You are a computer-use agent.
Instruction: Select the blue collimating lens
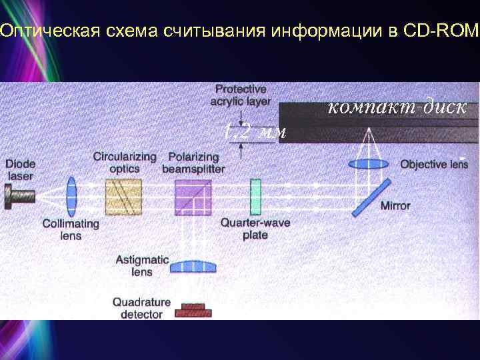pyautogui.click(x=71, y=196)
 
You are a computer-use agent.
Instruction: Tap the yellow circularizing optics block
pyautogui.click(x=123, y=197)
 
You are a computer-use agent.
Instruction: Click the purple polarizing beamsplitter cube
pyautogui.click(x=193, y=196)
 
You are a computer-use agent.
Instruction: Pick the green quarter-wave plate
pyautogui.click(x=255, y=196)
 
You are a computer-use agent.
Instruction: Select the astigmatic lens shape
pyautogui.click(x=193, y=267)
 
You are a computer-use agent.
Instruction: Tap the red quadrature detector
pyautogui.click(x=193, y=310)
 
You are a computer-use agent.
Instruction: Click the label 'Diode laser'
pyautogui.click(x=20, y=170)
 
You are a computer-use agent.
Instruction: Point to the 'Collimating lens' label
pyautogui.click(x=71, y=230)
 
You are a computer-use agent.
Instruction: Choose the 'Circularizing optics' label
pyautogui.click(x=125, y=163)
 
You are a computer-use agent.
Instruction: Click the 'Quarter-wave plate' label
pyautogui.click(x=255, y=229)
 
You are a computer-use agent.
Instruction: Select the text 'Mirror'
pyautogui.click(x=395, y=206)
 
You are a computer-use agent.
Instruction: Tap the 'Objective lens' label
pyautogui.click(x=434, y=164)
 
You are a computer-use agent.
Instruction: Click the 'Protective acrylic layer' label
pyautogui.click(x=240, y=95)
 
